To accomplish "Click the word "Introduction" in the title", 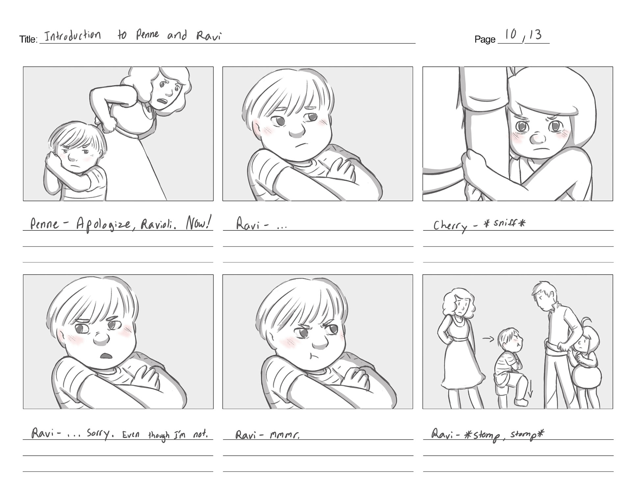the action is (x=73, y=35).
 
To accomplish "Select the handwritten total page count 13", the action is (x=535, y=34).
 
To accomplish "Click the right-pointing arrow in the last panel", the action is (x=488, y=339).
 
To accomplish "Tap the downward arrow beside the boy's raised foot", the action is (x=530, y=388).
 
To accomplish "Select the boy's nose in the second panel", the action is (x=298, y=131).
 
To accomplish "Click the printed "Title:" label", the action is (x=28, y=39).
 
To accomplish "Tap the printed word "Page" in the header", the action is (x=485, y=39).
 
